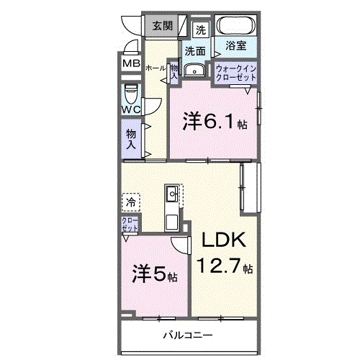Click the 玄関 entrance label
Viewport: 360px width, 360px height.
pos(163,27)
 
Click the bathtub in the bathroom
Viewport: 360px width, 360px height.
pos(233,28)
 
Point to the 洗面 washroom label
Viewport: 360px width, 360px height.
pos(194,51)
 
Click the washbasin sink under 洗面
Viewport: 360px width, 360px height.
pos(194,71)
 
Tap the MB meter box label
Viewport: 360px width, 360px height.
pos(130,63)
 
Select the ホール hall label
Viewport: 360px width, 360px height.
pos(156,67)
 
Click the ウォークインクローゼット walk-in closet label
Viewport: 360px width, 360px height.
pos(235,73)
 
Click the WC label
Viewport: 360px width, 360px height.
pos(130,109)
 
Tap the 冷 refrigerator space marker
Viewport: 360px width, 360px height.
pos(130,202)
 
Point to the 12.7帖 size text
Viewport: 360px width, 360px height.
pos(225,267)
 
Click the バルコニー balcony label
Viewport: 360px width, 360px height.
pos(187,334)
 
